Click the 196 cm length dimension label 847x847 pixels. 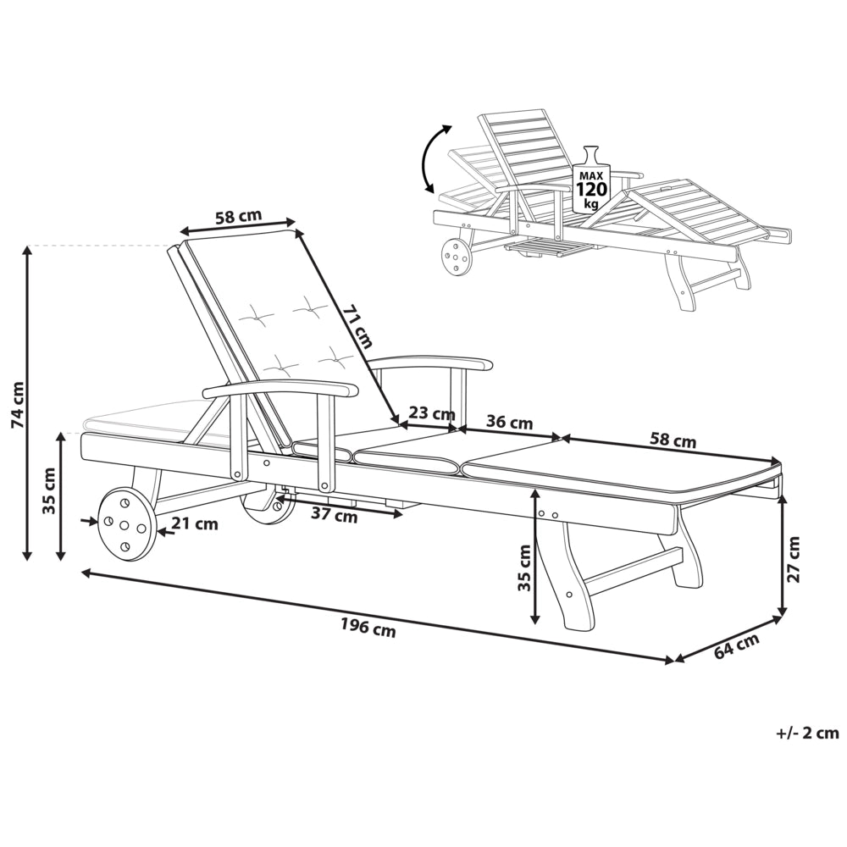point(368,628)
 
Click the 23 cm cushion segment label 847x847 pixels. point(432,413)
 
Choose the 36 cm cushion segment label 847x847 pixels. point(509,422)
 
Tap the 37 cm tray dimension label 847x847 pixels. point(334,515)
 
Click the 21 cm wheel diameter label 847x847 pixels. point(195,523)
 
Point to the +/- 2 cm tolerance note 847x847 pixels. point(807,733)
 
